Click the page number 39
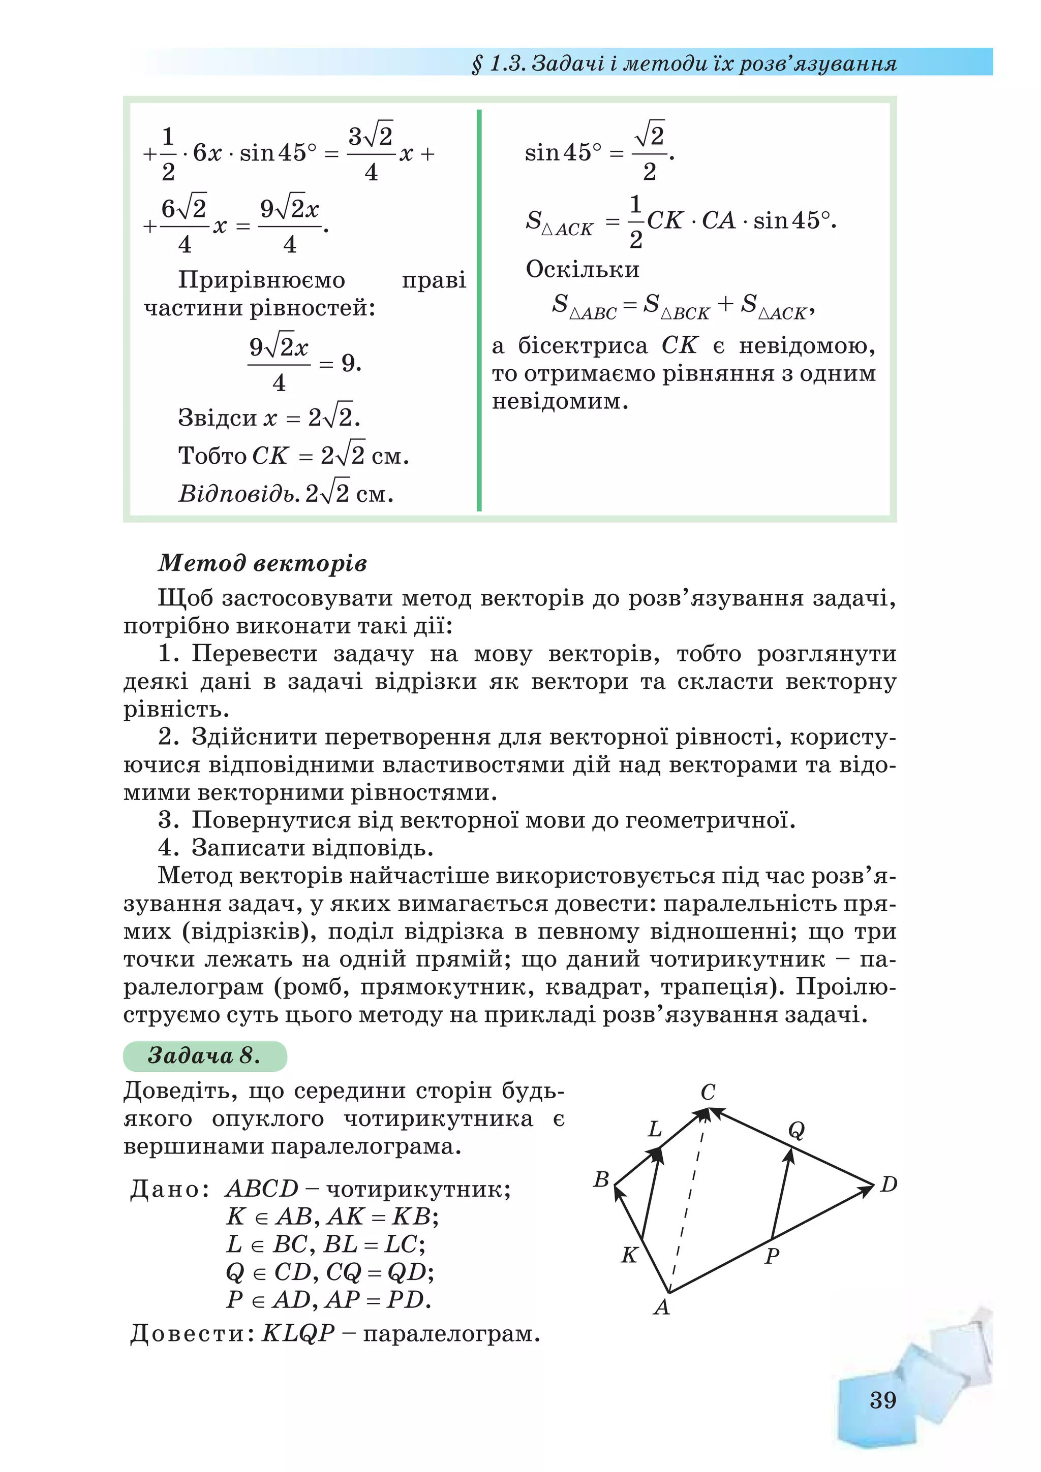(882, 1399)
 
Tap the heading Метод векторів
(262, 562)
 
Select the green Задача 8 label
(204, 1054)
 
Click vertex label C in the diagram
(708, 1093)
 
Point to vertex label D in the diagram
(889, 1184)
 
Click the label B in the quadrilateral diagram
(601, 1179)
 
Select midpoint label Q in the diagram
(795, 1130)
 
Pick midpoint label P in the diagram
(772, 1255)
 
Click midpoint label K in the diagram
(629, 1255)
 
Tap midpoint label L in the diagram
(655, 1129)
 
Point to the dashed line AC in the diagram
(688, 1205)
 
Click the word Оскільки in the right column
(583, 269)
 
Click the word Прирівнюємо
(261, 280)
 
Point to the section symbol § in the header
(477, 64)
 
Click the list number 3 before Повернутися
(168, 820)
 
